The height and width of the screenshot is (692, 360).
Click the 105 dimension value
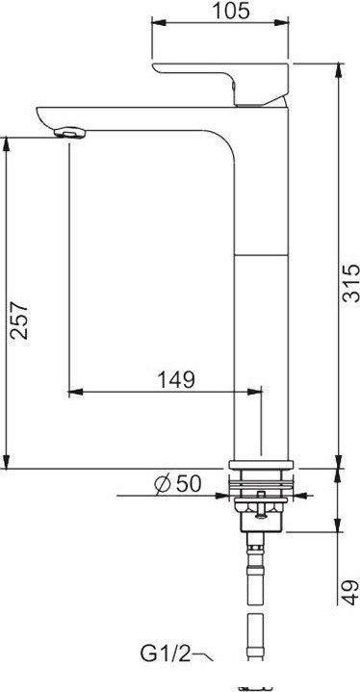(x=231, y=11)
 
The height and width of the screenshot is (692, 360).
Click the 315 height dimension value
(x=351, y=283)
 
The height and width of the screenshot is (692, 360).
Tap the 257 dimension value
(x=19, y=320)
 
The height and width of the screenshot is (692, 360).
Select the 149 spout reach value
(x=176, y=379)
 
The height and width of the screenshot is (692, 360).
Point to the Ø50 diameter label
(x=178, y=484)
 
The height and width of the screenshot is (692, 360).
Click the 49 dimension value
(x=351, y=592)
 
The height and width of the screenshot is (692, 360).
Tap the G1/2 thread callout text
(x=166, y=654)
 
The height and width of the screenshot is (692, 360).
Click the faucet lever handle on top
(x=219, y=84)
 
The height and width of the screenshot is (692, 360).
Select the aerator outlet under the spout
(x=69, y=133)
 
